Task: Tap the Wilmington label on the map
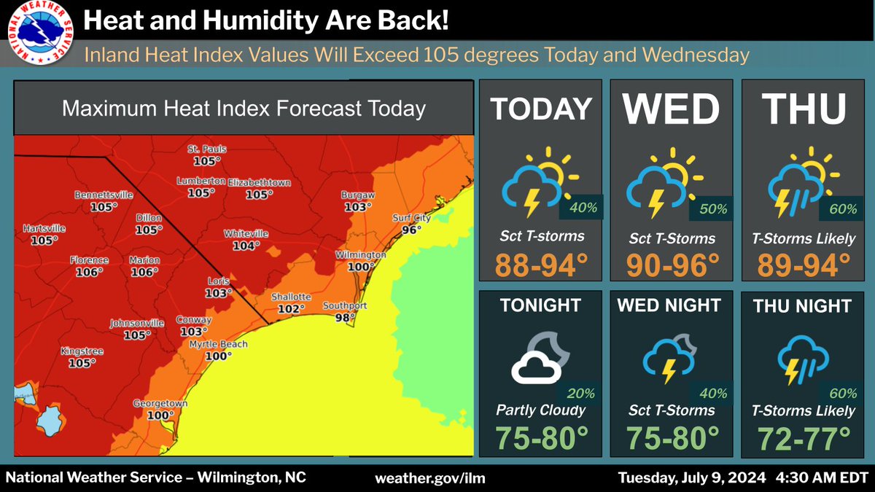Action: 360,256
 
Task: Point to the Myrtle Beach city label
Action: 218,345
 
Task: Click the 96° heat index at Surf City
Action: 411,229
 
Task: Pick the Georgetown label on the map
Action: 160,404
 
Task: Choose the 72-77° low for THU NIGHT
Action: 804,439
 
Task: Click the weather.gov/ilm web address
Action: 429,478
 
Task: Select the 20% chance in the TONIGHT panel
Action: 580,394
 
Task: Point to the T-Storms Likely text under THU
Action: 804,239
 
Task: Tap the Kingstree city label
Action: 82,351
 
